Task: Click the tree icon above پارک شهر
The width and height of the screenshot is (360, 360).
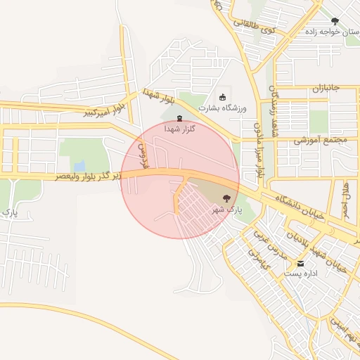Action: point(226,198)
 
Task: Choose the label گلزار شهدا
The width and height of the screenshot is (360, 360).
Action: point(180,129)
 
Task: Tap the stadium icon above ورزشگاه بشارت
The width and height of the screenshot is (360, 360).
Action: point(223,97)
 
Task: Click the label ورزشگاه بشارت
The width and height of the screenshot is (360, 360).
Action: point(221,108)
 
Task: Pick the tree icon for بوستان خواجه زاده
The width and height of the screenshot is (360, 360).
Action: point(334,21)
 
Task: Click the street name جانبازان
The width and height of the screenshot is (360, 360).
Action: point(326,89)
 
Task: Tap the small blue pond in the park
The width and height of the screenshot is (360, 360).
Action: point(79,167)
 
